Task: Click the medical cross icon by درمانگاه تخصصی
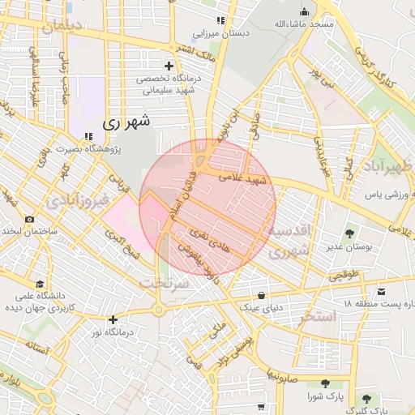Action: tap(169, 66)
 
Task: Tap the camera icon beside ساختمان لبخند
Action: tap(29, 219)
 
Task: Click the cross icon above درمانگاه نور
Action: tap(113, 319)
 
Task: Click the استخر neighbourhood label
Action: tap(316, 317)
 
